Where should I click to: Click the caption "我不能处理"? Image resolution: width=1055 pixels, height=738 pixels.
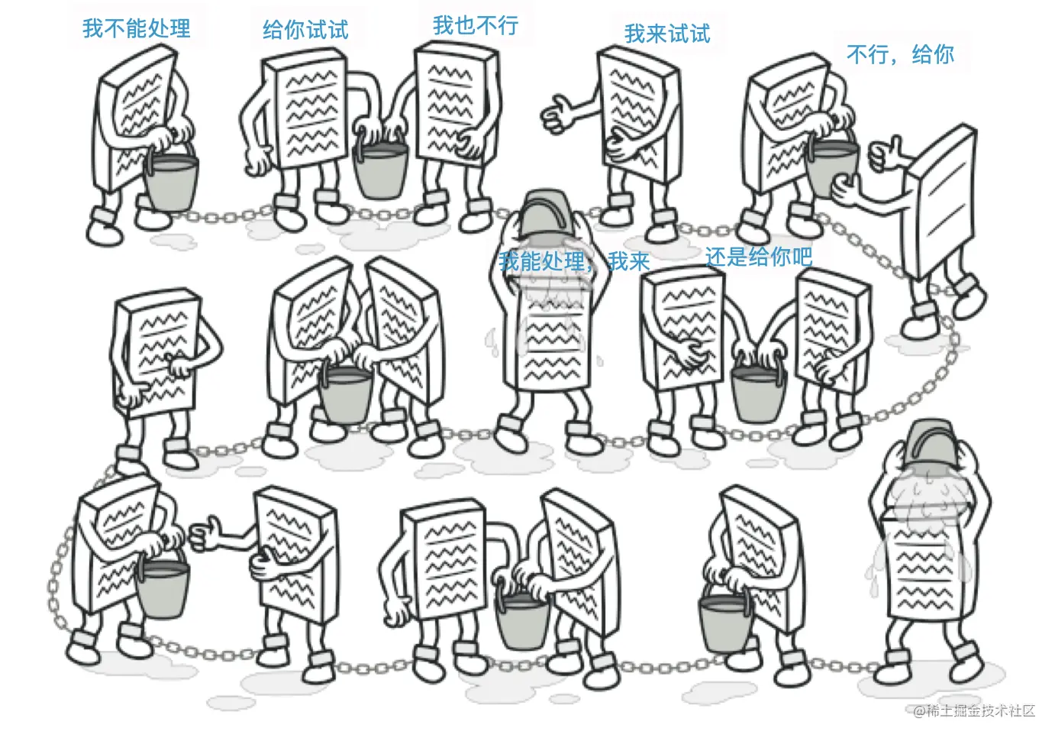137,28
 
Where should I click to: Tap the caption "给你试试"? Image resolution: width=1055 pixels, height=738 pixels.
305,30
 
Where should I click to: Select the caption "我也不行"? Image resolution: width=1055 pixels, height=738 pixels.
476,25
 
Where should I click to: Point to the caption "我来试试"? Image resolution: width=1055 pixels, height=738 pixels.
667,34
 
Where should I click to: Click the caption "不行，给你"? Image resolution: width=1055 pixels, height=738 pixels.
900,55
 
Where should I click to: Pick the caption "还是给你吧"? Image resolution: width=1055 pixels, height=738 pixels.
759,257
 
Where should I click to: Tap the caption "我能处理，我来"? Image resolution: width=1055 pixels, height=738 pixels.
574,261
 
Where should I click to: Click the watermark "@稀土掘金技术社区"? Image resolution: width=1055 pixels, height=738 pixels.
974,710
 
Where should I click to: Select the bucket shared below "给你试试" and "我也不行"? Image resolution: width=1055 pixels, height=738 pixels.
379,167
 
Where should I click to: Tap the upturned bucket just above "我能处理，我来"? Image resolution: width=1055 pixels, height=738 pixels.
547,215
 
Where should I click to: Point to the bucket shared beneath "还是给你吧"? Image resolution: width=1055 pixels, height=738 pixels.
758,391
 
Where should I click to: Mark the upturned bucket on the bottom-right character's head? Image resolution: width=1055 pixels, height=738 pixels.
931,444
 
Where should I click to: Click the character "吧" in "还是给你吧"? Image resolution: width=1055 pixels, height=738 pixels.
802,257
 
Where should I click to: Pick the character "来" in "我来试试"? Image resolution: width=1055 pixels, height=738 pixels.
657,34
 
